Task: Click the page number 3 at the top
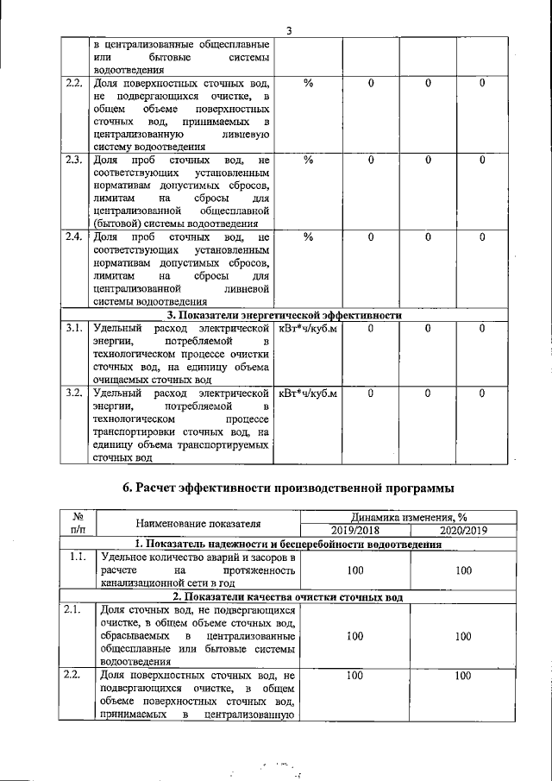289,32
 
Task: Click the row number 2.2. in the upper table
74,84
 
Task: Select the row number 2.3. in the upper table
74,161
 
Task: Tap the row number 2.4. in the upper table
74,237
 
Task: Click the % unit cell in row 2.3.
308,161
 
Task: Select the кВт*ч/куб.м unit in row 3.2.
308,393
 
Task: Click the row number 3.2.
74,393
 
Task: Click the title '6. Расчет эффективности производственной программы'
288,488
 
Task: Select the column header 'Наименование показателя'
198,523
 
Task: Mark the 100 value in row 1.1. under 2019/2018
354,571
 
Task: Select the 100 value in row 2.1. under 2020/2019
463,636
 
